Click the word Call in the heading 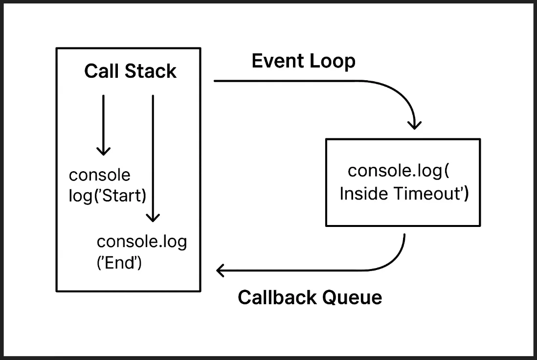click(101, 71)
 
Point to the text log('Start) click(108, 196)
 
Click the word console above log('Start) click(100, 175)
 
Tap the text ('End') click(119, 263)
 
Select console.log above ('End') click(142, 242)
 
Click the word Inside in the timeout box click(364, 194)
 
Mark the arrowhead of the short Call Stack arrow click(103, 151)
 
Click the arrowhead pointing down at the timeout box click(414, 125)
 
